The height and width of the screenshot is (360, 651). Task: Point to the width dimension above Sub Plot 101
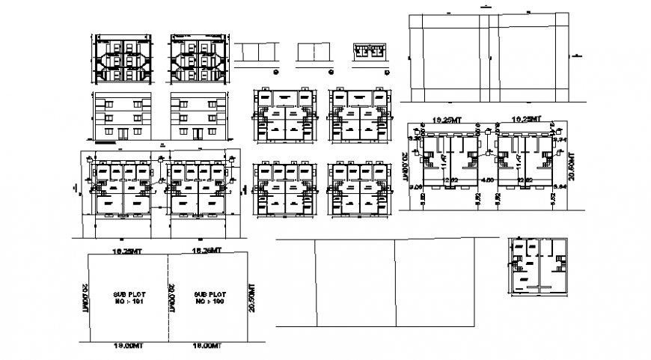pos(126,250)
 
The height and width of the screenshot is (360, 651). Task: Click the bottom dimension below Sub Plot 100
pos(207,346)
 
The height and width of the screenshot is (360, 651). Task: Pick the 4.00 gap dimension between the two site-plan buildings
pos(486,180)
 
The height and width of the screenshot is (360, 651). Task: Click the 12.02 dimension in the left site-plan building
pos(450,180)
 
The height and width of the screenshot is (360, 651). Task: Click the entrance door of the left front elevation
pos(121,133)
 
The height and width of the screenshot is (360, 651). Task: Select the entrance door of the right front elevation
pos(198,133)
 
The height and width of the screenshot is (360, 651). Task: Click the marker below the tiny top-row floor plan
pos(386,71)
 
